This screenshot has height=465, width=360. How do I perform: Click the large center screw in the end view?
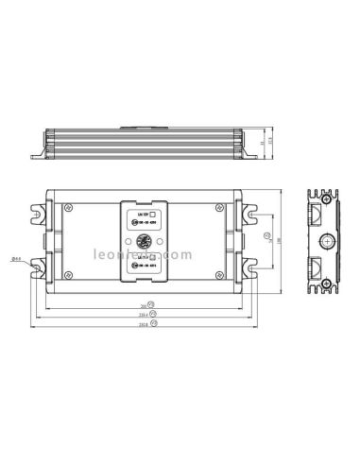[x=324, y=243]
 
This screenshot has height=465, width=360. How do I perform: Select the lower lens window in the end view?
[x=324, y=268]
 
